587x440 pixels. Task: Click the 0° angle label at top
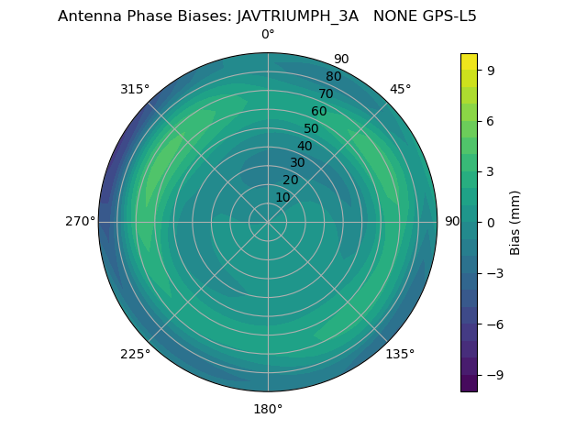[x=268, y=35]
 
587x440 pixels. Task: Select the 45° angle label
[x=400, y=89]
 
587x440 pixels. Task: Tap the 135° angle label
[x=400, y=354]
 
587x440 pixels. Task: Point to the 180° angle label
[x=268, y=409]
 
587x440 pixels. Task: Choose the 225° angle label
[x=135, y=354]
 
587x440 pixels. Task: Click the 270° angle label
[x=80, y=222]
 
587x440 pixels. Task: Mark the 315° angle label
[x=135, y=89]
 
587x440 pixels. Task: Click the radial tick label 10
[x=282, y=197]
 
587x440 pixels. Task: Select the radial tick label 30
[x=297, y=163]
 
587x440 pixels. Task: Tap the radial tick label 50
[x=312, y=129]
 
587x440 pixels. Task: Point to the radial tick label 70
[x=327, y=94]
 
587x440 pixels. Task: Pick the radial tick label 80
[x=334, y=77]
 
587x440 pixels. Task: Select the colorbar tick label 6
[x=490, y=120]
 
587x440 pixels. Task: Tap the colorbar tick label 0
[x=490, y=222]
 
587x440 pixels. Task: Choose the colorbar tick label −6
[x=493, y=324]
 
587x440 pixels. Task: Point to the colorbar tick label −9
[x=493, y=375]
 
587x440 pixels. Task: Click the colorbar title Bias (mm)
[x=515, y=222]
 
